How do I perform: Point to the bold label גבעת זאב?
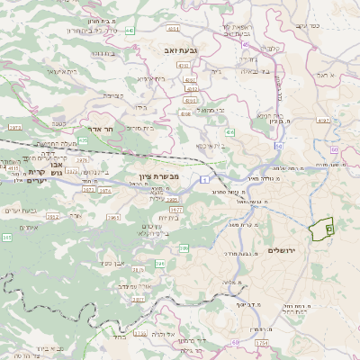pyautogui.click(x=168, y=51)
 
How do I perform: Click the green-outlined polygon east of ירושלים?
pyautogui.click(x=321, y=229)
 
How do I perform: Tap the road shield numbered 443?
pyautogui.click(x=130, y=31)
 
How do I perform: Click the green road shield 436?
pyautogui.click(x=230, y=132)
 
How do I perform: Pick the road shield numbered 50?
pyautogui.click(x=280, y=145)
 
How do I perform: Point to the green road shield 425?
pyautogui.click(x=83, y=140)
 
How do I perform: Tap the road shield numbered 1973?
pyautogui.click(x=14, y=128)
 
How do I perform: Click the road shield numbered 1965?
pyautogui.click(x=112, y=217)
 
